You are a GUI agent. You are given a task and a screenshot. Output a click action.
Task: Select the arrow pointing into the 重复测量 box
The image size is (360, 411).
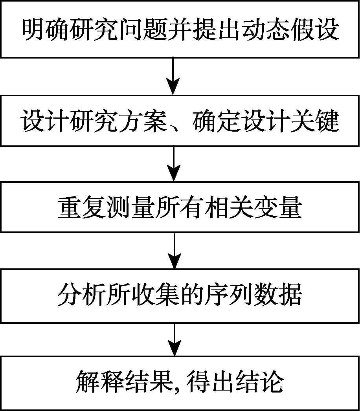(x=173, y=163)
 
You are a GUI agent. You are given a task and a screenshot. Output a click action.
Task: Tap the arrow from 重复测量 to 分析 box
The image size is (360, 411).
(x=173, y=250)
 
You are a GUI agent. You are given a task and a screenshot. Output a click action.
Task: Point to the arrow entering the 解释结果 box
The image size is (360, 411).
(x=173, y=338)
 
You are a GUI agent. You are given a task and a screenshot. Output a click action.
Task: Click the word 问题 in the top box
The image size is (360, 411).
(x=180, y=29)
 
